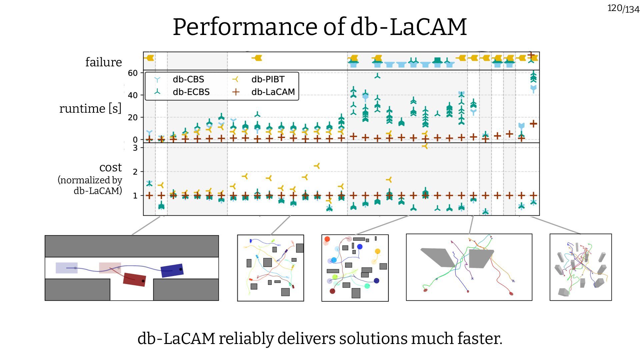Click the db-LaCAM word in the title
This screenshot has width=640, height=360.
tap(408, 27)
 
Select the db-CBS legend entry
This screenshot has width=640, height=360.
tap(188, 79)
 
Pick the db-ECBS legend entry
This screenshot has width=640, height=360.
tap(191, 92)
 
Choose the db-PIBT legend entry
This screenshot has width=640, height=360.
tap(268, 79)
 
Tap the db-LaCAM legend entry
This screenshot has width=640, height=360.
tap(273, 92)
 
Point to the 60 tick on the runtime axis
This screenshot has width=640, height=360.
tap(133, 73)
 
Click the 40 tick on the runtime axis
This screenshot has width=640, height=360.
tap(133, 95)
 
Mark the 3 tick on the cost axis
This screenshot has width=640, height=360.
tap(135, 148)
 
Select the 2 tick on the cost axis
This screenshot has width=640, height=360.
tap(135, 172)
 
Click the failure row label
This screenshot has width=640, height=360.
tap(103, 62)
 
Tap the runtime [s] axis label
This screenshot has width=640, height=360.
tap(90, 109)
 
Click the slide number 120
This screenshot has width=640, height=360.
tap(614, 8)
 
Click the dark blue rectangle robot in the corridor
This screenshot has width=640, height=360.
tap(172, 270)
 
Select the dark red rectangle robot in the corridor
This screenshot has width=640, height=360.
tap(134, 279)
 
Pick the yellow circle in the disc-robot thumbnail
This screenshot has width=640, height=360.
tap(377, 251)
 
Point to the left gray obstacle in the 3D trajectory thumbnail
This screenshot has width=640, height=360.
tap(437, 257)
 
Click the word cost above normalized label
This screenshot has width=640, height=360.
tap(111, 167)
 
